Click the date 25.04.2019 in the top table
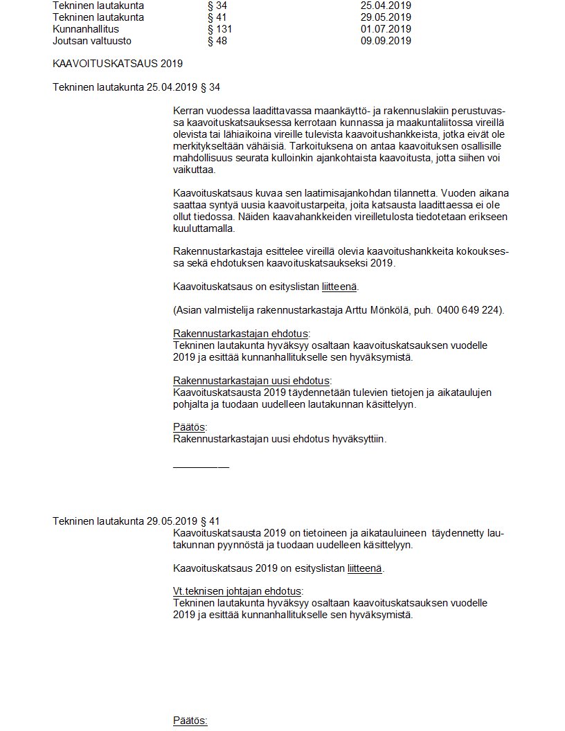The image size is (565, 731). (x=386, y=6)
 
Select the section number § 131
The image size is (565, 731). (x=219, y=29)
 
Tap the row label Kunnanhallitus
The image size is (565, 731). (x=86, y=29)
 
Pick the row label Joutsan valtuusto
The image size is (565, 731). (x=92, y=41)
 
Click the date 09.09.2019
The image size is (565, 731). (x=386, y=41)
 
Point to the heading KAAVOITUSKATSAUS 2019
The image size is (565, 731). (x=118, y=64)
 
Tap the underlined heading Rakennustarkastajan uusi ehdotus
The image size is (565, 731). (x=251, y=381)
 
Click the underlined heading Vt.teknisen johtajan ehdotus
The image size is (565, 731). (x=237, y=591)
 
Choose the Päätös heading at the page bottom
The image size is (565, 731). (x=190, y=721)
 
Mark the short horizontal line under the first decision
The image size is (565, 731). (x=201, y=467)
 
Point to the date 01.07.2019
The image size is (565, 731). (x=386, y=29)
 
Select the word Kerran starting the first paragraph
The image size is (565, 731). (x=189, y=111)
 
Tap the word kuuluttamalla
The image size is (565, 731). (x=204, y=228)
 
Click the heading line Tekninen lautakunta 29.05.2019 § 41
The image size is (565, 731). (x=136, y=521)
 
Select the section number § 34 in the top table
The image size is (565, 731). (x=217, y=6)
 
